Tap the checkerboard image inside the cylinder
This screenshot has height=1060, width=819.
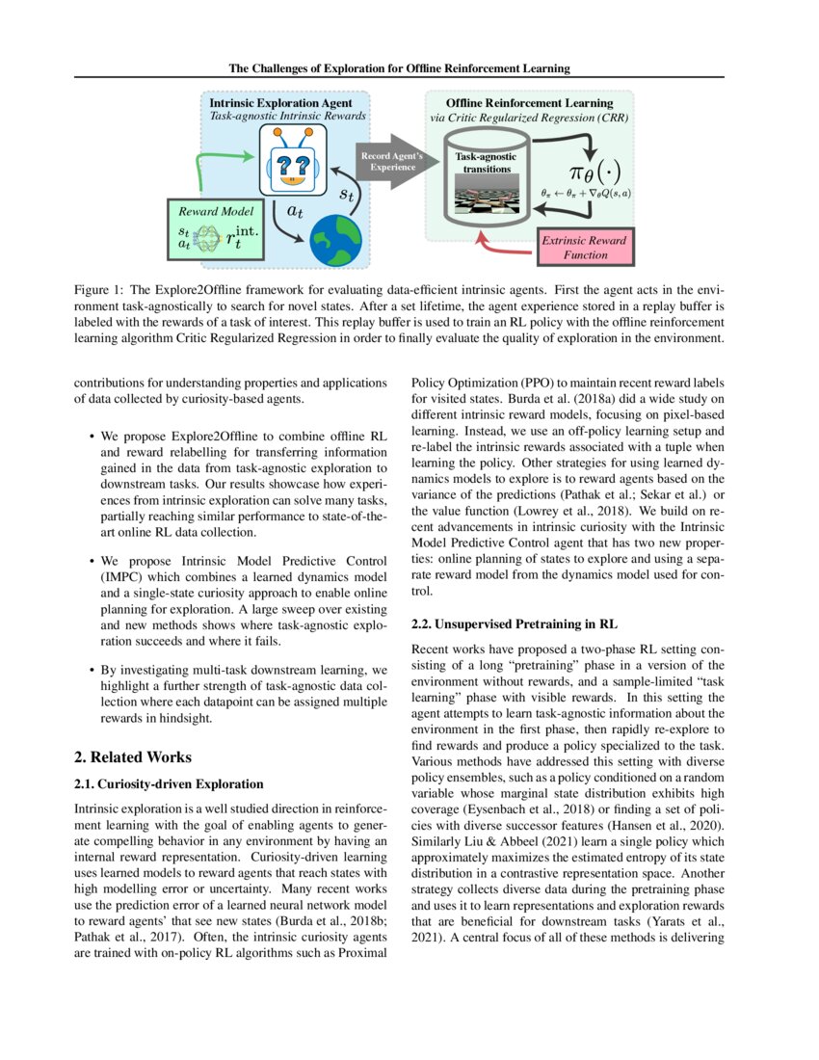(x=486, y=197)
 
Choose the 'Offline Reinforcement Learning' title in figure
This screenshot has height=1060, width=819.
(x=528, y=103)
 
